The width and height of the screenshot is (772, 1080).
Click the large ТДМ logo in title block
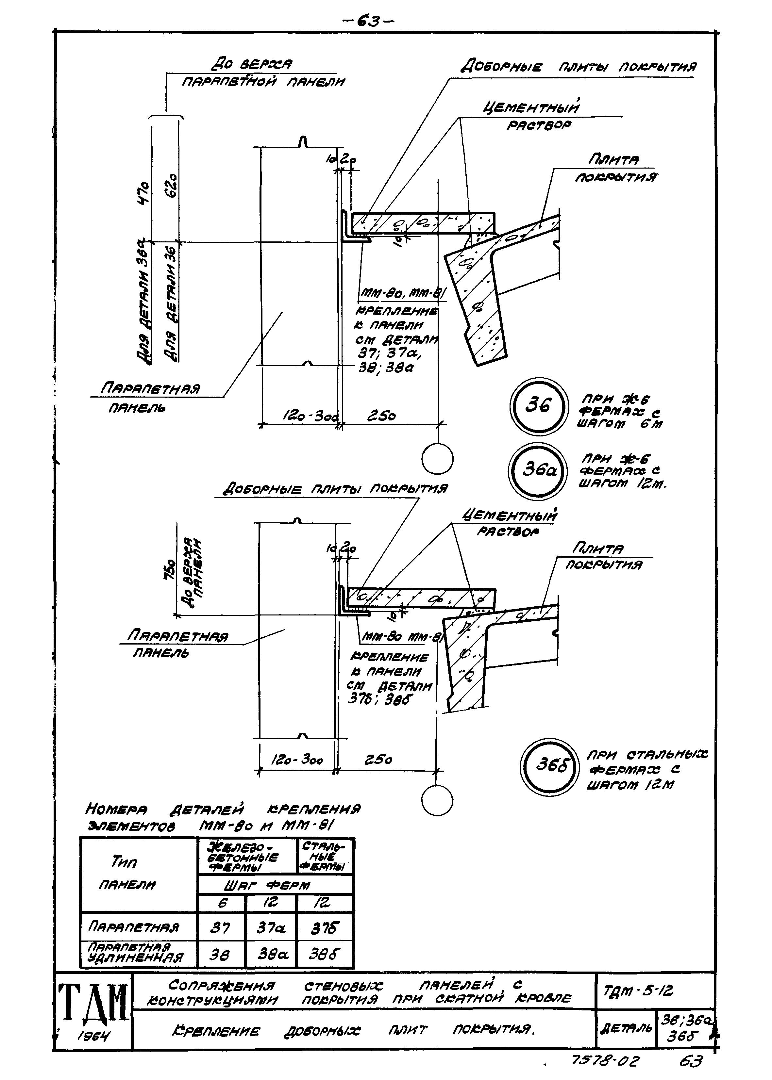[x=93, y=1002]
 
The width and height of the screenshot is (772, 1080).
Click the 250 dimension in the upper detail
[x=381, y=416]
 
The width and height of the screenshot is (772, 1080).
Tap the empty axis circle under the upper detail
[x=437, y=459]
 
